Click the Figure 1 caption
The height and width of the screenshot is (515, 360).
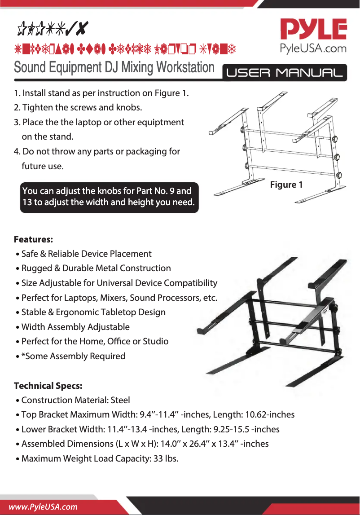click(286, 185)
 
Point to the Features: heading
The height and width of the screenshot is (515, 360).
click(34, 238)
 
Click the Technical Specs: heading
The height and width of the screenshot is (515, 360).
click(48, 386)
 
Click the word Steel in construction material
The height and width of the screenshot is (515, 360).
click(120, 400)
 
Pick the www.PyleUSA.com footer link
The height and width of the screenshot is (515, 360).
click(44, 506)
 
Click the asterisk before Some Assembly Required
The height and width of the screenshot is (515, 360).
click(23, 356)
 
